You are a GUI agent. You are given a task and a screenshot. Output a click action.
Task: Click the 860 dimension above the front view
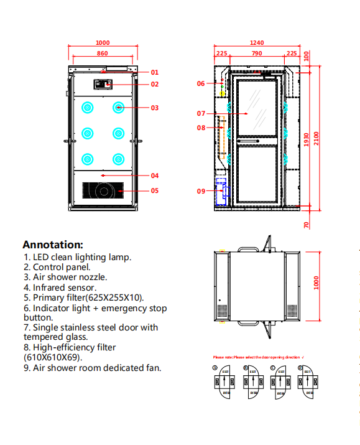[x=102, y=54]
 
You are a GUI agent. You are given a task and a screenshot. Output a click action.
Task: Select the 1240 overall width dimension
[x=257, y=43]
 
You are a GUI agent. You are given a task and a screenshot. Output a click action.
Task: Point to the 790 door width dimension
[x=256, y=54]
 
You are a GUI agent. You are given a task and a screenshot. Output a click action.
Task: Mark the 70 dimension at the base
[x=307, y=224]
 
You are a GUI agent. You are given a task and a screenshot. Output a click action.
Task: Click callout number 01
[x=154, y=72]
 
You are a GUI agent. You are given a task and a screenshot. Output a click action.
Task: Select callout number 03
[x=154, y=108]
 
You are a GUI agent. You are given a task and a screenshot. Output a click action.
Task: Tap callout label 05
[x=154, y=190]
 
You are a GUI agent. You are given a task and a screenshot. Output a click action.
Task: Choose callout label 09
[x=201, y=191]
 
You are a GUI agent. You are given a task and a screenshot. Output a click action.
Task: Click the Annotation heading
[x=53, y=245]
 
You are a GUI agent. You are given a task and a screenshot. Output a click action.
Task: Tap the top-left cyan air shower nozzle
[x=88, y=108]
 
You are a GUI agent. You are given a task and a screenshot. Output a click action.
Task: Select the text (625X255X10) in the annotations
[x=114, y=297]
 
